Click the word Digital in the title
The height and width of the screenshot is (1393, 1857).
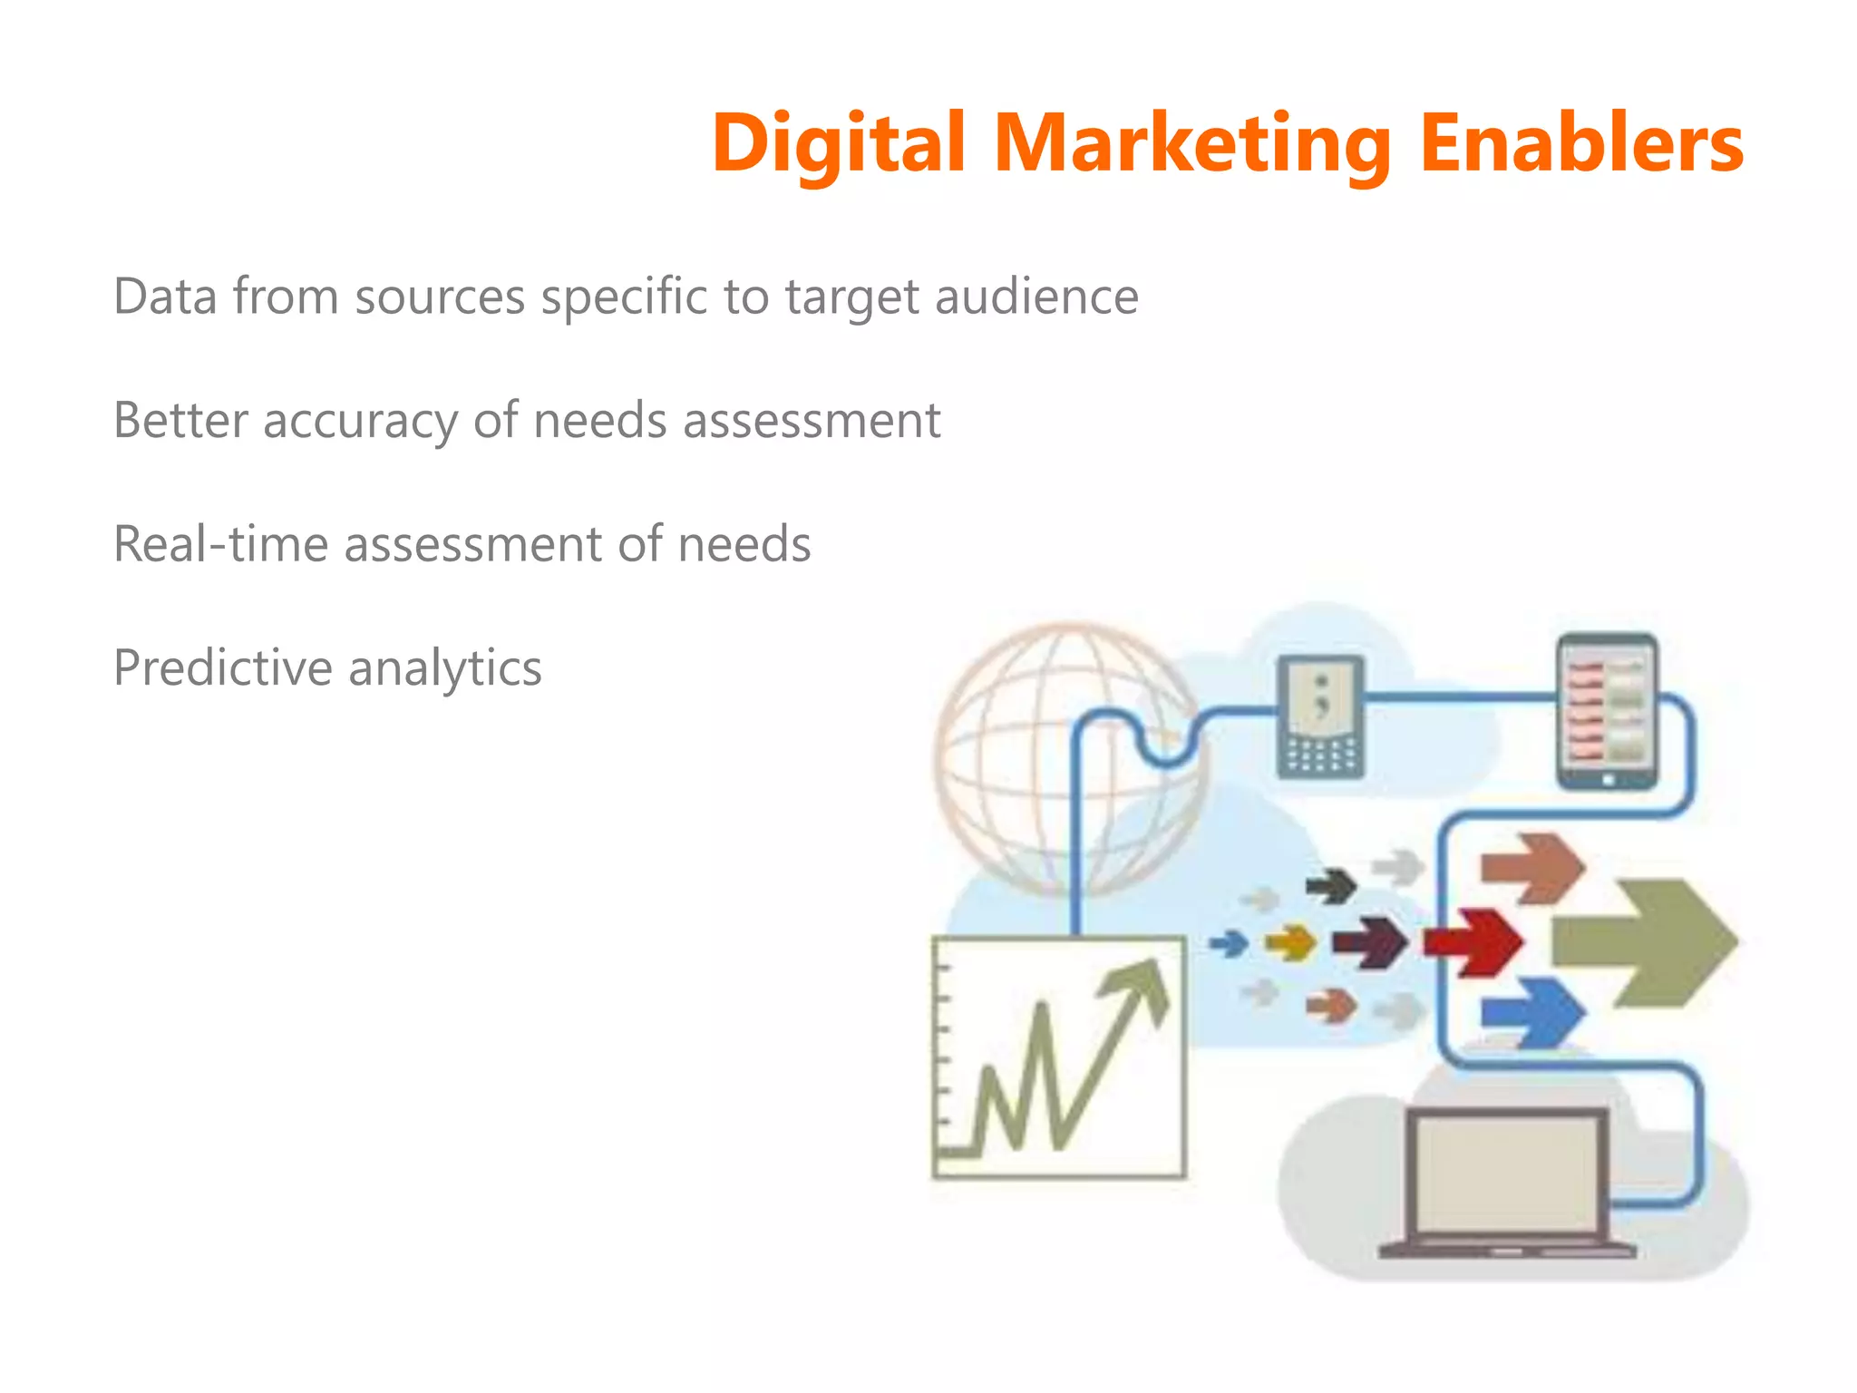[x=839, y=143]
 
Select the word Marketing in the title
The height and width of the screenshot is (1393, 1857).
[x=1192, y=143]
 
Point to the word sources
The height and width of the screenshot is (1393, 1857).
[x=440, y=297]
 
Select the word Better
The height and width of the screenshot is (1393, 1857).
[x=180, y=421]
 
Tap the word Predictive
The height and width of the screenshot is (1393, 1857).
[x=223, y=668]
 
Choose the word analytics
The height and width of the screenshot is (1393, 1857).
[x=444, y=668]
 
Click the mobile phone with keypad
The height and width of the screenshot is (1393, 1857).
[x=1320, y=716]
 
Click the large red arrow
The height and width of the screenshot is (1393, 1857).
[x=1474, y=942]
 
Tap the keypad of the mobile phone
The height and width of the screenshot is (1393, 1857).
[x=1320, y=755]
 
